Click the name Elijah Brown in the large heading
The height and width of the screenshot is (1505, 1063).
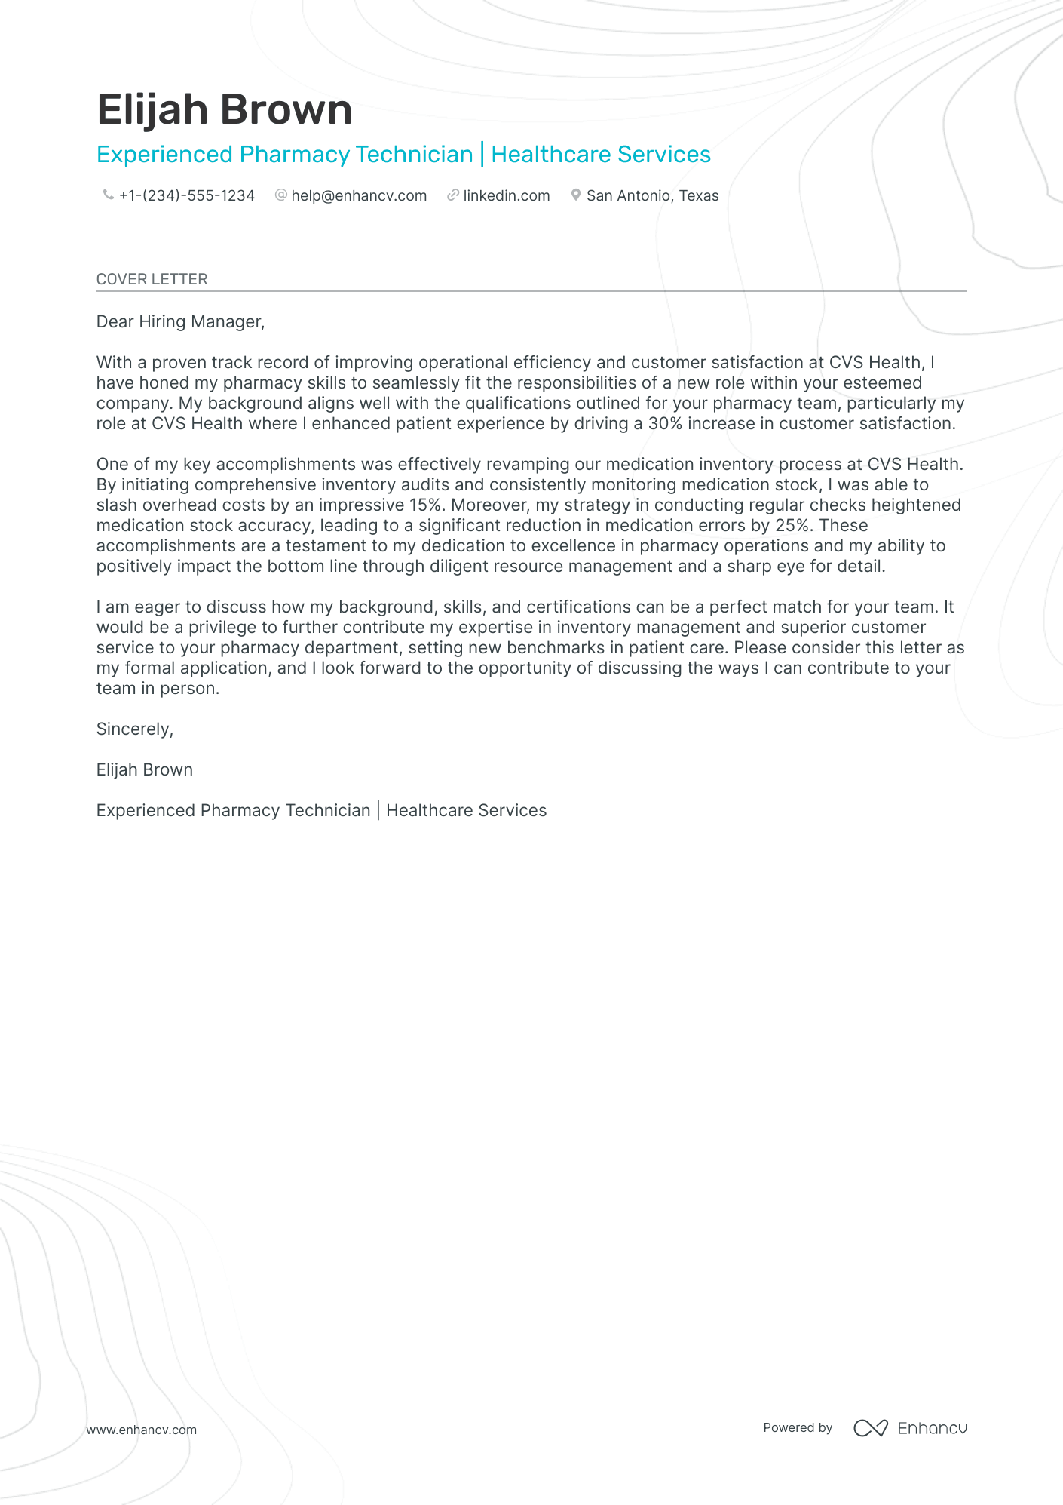225,110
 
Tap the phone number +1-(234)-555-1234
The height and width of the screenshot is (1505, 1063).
186,196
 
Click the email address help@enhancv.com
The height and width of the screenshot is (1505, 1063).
359,196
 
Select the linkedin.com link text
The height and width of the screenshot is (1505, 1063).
506,196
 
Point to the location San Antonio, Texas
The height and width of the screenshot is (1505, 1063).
652,196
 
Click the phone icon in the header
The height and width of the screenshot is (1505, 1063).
108,195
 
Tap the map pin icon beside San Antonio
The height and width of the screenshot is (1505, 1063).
576,195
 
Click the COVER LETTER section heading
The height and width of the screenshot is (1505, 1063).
152,279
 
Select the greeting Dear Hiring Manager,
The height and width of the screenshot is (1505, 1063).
180,322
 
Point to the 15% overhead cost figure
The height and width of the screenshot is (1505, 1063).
425,505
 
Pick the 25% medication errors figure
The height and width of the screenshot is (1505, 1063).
792,526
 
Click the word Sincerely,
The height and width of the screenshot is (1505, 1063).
135,729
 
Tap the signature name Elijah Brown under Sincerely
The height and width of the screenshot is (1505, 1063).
145,770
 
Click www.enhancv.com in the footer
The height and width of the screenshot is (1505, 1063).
142,1430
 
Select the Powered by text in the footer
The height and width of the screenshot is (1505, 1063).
798,1427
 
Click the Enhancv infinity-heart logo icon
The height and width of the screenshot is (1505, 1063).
870,1428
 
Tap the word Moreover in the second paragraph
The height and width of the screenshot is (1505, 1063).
489,505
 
